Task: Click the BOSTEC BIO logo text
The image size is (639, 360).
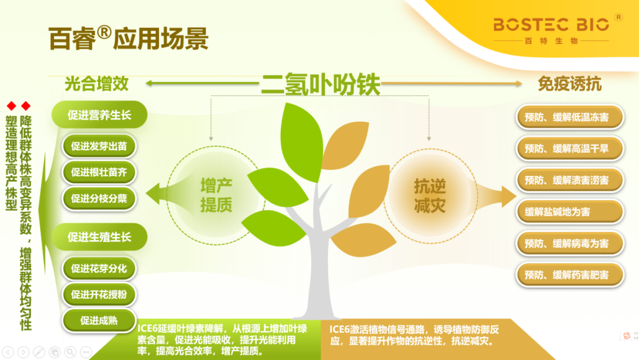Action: point(551,25)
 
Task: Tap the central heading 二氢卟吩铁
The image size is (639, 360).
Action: point(320,84)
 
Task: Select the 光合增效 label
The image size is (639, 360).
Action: point(96,83)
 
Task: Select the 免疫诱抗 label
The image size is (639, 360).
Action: point(569,84)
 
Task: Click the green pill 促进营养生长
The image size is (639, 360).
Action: point(99,115)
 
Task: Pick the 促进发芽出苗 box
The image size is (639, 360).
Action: point(99,146)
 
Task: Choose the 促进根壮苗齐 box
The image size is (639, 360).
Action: point(99,172)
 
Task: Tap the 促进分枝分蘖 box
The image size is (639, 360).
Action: point(99,198)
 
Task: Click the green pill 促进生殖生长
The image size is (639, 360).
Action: point(99,237)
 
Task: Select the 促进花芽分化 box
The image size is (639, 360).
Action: point(99,268)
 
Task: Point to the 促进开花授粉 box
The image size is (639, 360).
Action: point(99,294)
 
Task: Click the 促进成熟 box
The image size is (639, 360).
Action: point(99,320)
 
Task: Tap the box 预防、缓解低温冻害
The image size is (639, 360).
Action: point(570,117)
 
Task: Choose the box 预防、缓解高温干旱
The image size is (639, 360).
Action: point(570,149)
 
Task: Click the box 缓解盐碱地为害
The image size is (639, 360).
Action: point(570,211)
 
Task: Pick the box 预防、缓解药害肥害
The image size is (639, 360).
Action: point(570,275)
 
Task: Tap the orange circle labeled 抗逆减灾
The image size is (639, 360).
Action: point(430,195)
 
